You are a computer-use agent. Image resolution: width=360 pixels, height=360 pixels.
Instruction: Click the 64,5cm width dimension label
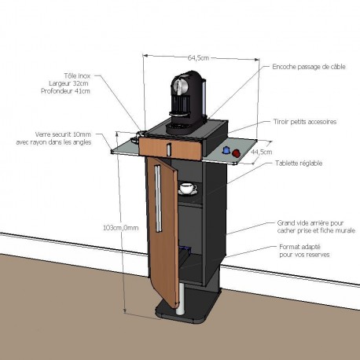(x=198, y=57)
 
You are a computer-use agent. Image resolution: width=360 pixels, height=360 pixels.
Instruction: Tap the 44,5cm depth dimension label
(x=262, y=152)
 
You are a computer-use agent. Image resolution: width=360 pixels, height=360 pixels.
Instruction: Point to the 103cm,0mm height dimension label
(x=121, y=228)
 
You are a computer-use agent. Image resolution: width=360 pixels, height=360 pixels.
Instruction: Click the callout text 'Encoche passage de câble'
(x=309, y=67)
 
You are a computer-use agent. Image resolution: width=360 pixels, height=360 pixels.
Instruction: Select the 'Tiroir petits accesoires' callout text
(x=305, y=122)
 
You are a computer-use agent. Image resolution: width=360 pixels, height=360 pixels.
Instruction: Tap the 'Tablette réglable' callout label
(x=299, y=163)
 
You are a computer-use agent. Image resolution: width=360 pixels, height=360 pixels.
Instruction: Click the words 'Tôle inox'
(x=77, y=76)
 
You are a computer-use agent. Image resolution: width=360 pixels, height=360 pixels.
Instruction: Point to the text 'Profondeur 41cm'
(x=65, y=91)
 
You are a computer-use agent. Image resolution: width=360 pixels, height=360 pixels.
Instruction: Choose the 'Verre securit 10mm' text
(x=63, y=134)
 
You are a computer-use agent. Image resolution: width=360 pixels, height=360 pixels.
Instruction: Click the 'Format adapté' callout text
(x=300, y=247)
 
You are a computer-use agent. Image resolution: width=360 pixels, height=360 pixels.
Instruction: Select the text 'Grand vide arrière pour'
(x=310, y=223)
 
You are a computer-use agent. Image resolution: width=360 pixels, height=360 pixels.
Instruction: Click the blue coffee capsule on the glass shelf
(x=226, y=150)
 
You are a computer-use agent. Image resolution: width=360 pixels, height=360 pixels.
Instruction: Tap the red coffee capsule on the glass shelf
(x=237, y=153)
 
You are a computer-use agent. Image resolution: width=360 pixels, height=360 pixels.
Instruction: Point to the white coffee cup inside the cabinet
(x=188, y=189)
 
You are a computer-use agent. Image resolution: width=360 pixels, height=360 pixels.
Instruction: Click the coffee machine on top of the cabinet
(x=187, y=102)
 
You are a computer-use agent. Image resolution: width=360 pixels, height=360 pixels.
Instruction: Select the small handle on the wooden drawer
(x=169, y=149)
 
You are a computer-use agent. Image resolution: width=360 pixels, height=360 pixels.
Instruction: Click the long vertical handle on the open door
(x=158, y=199)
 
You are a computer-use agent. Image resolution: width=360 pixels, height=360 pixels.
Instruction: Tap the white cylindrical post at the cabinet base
(x=181, y=298)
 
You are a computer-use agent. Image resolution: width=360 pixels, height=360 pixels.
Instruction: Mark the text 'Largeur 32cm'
(x=68, y=83)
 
